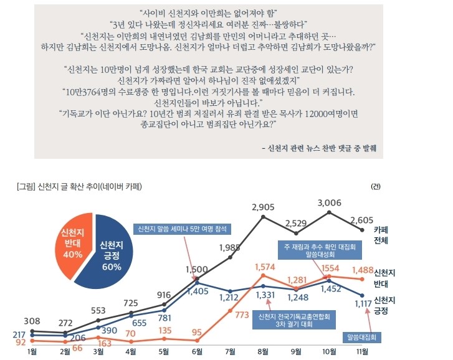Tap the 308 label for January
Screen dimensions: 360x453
32,321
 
